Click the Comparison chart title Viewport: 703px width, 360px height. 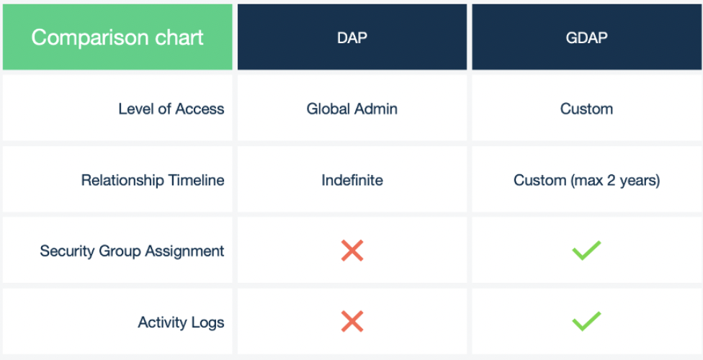point(117,37)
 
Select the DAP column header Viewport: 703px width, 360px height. point(352,37)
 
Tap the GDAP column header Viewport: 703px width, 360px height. point(586,37)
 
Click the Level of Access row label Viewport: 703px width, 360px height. point(171,109)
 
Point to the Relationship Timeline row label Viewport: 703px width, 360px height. point(153,179)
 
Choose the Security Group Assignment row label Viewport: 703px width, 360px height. point(132,251)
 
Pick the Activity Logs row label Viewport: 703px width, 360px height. point(181,322)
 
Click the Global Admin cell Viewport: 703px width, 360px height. point(352,109)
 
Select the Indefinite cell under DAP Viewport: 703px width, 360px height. point(352,179)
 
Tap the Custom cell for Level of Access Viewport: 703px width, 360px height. point(586,109)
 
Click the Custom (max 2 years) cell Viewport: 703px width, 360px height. point(586,179)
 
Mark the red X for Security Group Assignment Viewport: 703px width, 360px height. point(352,251)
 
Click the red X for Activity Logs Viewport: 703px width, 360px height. point(352,322)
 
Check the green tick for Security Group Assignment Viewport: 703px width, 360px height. point(586,251)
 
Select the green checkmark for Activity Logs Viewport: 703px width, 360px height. point(586,322)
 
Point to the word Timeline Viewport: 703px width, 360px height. point(195,179)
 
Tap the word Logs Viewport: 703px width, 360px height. point(207,322)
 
